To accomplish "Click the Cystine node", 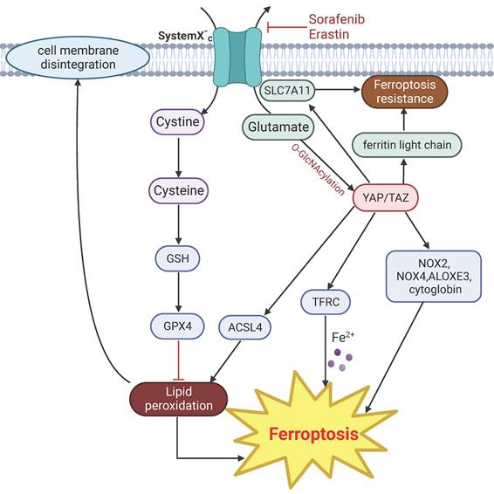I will pos(177,122).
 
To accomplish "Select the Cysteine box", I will pos(177,189).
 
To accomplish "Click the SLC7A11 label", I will pos(289,90).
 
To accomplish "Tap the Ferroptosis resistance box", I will pos(404,91).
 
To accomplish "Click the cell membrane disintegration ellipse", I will pos(76,58).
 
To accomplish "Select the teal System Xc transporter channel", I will pos(241,55).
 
